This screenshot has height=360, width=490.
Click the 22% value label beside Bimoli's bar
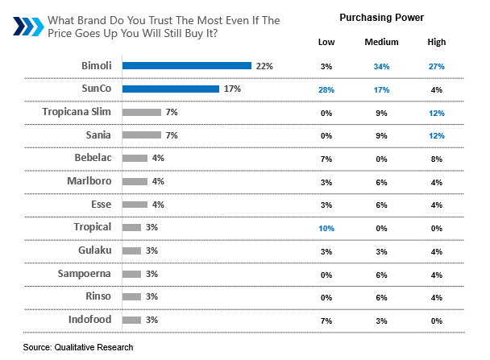[x=262, y=65]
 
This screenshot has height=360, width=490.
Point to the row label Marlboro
[x=89, y=181]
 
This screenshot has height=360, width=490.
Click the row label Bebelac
[x=90, y=158]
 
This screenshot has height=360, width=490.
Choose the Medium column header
[x=381, y=41]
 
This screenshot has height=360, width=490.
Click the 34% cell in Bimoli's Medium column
[x=381, y=65]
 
